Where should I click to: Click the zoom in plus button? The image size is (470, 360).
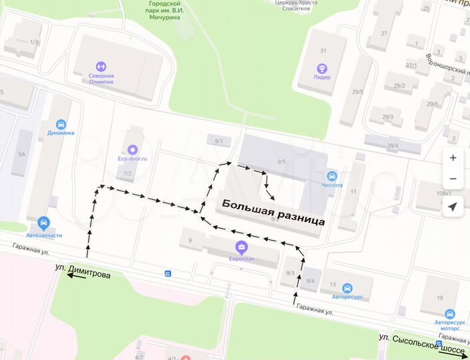coord(453,158)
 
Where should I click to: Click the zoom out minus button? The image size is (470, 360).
coord(453,179)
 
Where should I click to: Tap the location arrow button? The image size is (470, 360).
coord(453,207)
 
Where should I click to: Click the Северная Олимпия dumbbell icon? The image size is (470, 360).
coord(101,66)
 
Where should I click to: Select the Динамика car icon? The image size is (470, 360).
coord(61,124)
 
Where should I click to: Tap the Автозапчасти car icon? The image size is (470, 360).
coord(44,223)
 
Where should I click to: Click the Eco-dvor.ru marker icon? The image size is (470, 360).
coord(132,150)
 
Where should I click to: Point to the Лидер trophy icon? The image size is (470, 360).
coord(323,68)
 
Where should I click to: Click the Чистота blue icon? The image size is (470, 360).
coord(332,176)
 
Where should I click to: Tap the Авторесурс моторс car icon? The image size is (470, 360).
coord(450,313)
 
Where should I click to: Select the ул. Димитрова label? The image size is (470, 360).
coord(83,274)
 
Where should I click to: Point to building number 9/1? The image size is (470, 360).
coord(219,141)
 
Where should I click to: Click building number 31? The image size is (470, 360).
coord(323,51)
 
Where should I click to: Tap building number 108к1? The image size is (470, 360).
coord(444,193)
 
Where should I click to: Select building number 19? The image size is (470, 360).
coord(440,297)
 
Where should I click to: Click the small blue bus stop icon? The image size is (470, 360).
coord(167,273)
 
